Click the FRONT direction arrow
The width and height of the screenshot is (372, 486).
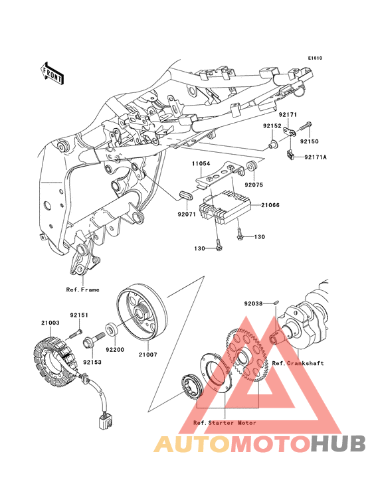click(52, 73)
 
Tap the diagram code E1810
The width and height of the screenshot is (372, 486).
click(315, 58)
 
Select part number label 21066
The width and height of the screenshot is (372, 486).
click(270, 205)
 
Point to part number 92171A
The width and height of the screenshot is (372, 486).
click(316, 157)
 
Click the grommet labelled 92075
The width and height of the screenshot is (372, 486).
click(252, 166)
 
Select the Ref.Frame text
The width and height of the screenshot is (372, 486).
click(83, 289)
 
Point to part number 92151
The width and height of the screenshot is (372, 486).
click(79, 315)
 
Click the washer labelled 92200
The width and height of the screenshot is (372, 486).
click(112, 329)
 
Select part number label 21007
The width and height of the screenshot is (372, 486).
click(148, 355)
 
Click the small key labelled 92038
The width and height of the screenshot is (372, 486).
click(276, 301)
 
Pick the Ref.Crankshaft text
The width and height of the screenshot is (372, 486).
click(298, 363)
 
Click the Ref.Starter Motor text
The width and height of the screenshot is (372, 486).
click(225, 423)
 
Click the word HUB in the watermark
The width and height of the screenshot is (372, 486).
click(338, 444)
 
